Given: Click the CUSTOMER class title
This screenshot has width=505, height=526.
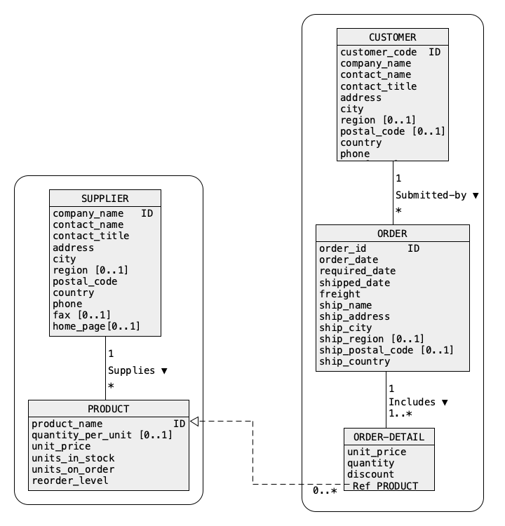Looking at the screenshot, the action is [x=392, y=37].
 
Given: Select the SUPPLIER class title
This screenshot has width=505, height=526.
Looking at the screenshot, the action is [x=105, y=198].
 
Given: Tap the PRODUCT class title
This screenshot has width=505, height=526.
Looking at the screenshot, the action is [x=109, y=409].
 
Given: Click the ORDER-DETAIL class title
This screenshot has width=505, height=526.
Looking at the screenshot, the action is [x=389, y=437].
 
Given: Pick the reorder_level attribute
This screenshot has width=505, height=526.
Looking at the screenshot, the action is [x=70, y=480].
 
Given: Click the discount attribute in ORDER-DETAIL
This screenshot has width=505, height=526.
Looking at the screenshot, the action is [x=370, y=474].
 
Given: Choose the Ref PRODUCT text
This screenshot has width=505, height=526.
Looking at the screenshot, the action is [x=385, y=486].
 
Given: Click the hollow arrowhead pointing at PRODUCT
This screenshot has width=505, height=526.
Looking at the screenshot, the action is [x=194, y=422].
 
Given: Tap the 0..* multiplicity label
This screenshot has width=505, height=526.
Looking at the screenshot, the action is [x=325, y=491].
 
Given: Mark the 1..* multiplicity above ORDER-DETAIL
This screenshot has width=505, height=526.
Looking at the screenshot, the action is [x=400, y=413].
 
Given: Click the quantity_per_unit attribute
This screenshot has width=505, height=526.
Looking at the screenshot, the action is [x=102, y=435].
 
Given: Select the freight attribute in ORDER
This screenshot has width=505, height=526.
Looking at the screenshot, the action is [x=339, y=294].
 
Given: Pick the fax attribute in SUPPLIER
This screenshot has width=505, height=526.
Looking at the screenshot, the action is [x=81, y=315].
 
